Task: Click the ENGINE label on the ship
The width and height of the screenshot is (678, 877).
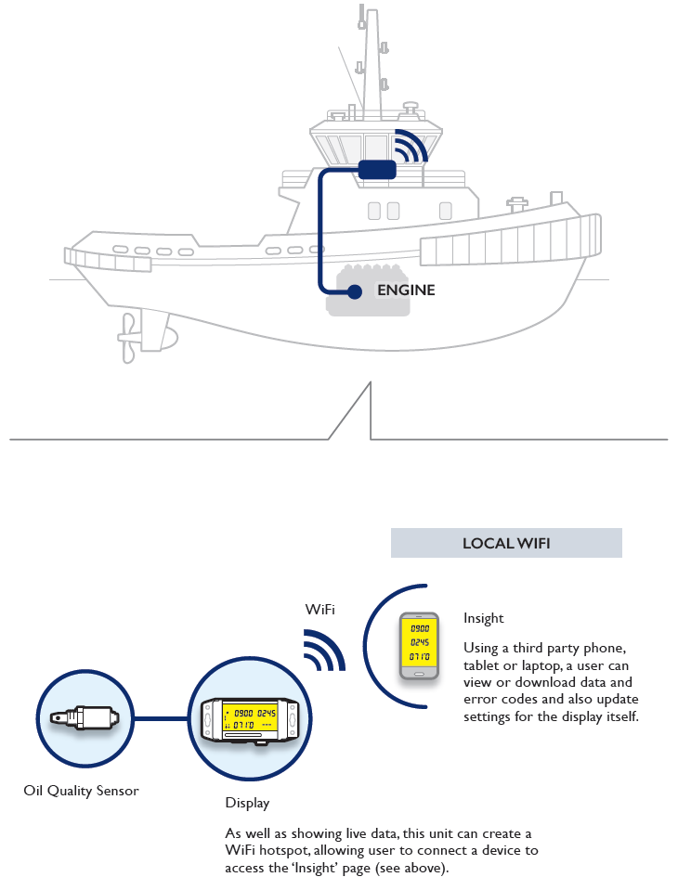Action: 406,290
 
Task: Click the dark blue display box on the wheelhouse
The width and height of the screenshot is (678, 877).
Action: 377,170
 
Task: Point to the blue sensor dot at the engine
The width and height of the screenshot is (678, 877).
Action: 354,292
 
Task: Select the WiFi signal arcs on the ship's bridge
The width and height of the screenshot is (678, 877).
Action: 409,147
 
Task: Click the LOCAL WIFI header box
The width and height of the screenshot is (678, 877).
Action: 506,543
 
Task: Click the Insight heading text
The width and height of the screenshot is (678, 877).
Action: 483,618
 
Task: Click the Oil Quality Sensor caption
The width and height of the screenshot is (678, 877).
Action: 81,792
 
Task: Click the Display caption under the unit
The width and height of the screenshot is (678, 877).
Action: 247,803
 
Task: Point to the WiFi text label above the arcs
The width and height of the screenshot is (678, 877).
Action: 320,610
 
